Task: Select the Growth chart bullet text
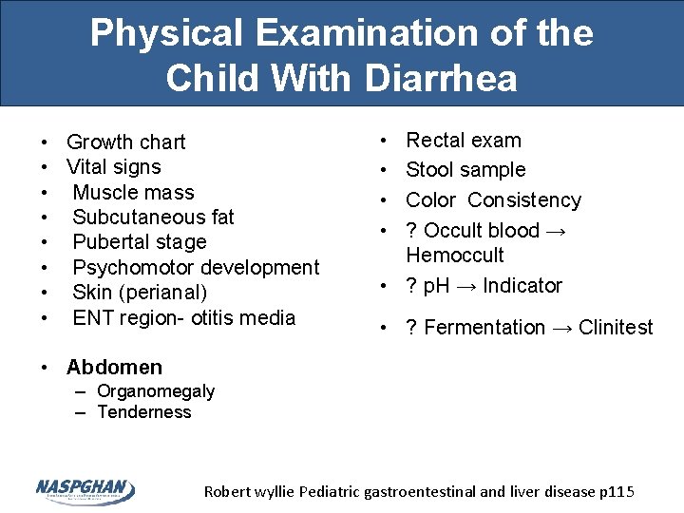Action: [125, 142]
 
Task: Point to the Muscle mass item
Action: [133, 192]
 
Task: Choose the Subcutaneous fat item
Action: [153, 217]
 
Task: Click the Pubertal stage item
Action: [139, 242]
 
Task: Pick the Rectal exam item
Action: [464, 141]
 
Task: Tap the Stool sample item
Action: [465, 170]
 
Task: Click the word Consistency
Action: [524, 200]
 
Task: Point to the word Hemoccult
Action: [455, 255]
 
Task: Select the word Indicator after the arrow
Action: [521, 286]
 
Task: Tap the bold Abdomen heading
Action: [114, 367]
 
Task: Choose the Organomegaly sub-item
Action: [156, 391]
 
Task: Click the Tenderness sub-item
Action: [144, 412]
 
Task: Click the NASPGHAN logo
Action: [85, 489]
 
